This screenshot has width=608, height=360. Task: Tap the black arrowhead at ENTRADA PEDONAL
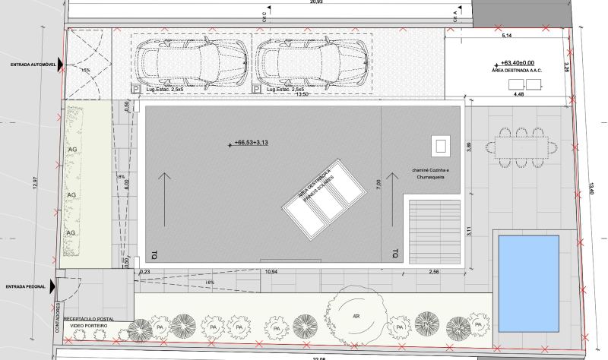(x=52, y=286)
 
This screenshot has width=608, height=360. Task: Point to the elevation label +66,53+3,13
(x=253, y=142)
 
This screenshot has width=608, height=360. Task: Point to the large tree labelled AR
(x=354, y=315)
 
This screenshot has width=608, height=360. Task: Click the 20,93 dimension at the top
(x=295, y=3)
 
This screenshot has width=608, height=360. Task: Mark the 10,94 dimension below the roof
(x=270, y=271)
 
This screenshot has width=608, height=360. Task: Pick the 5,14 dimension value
(x=506, y=35)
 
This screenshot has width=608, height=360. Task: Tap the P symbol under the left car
(x=137, y=90)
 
